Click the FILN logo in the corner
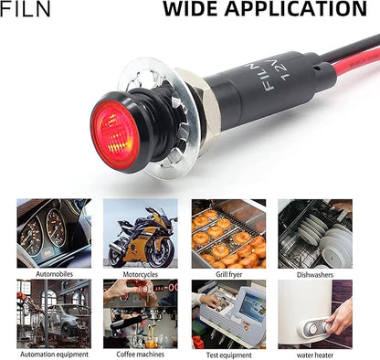(x=25, y=9)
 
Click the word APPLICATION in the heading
(x=296, y=9)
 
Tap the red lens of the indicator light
(x=115, y=132)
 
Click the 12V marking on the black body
(x=286, y=69)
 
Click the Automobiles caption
(x=54, y=274)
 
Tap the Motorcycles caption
(x=141, y=274)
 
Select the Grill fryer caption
(x=228, y=274)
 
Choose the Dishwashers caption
(x=315, y=275)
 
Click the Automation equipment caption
(x=54, y=355)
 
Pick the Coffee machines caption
(x=141, y=355)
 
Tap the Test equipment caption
(x=229, y=355)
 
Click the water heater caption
(x=315, y=355)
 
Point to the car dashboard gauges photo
(x=54, y=233)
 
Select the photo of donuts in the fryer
(x=228, y=234)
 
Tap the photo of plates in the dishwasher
(x=315, y=234)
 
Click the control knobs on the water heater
(x=318, y=328)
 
